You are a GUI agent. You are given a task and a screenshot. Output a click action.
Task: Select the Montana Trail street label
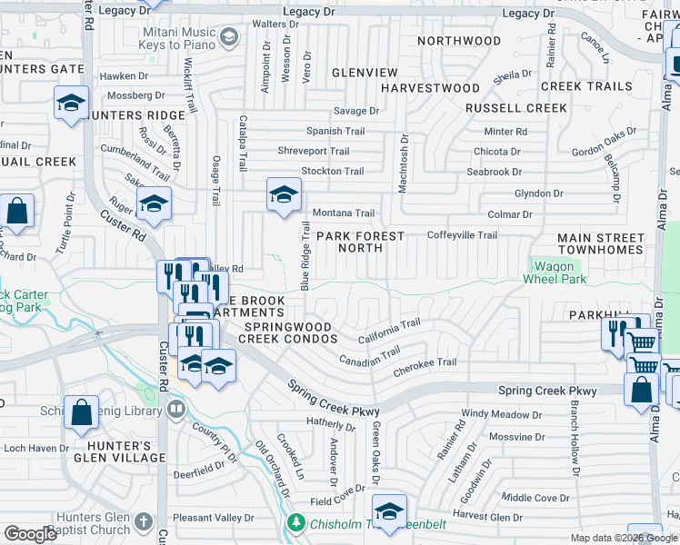(344, 213)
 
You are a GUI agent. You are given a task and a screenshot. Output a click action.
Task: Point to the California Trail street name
(388, 331)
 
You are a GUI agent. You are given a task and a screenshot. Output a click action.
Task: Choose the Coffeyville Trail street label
(462, 235)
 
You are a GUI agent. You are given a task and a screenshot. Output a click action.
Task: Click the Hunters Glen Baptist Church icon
(143, 521)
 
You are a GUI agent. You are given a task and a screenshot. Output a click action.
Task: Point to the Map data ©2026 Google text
(623, 538)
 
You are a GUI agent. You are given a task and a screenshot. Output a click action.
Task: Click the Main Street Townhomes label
(601, 243)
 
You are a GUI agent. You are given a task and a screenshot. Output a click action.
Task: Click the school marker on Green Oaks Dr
(389, 512)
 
